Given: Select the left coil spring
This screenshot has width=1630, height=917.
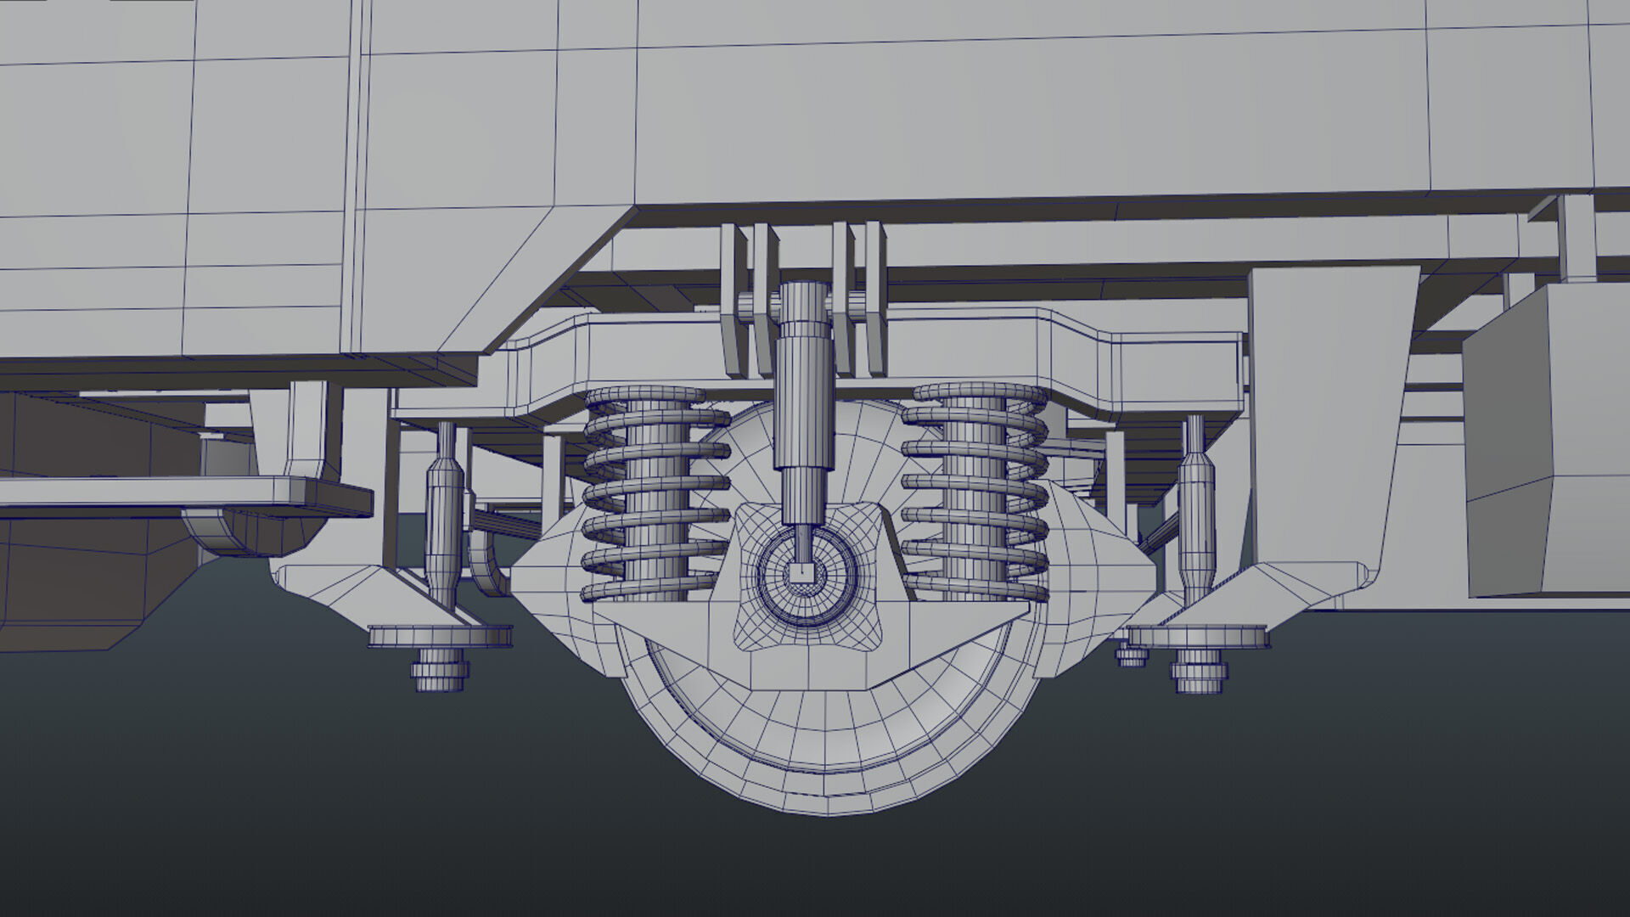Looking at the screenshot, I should (x=655, y=492).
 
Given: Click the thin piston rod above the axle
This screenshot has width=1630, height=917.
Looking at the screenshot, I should (x=800, y=543).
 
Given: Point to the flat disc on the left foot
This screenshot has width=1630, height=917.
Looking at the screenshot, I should (x=440, y=635).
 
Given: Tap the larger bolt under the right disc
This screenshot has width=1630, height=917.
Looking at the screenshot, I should (x=1199, y=673).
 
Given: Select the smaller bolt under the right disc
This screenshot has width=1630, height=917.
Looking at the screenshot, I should (x=1131, y=655).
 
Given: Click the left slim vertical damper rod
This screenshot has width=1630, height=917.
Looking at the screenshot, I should (x=445, y=518).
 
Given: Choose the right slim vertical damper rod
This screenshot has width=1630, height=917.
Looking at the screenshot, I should (x=1194, y=509).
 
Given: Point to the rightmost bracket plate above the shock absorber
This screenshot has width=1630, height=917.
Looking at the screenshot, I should (x=874, y=297).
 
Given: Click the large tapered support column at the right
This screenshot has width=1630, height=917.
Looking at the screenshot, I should (x=1324, y=425).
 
